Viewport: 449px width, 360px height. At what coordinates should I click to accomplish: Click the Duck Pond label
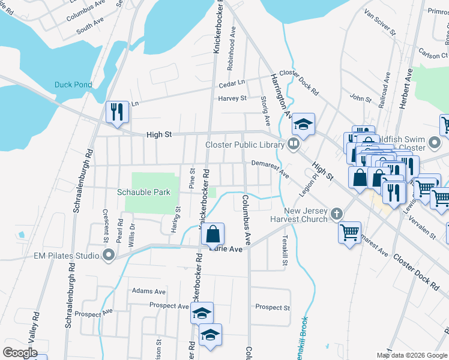click(73, 85)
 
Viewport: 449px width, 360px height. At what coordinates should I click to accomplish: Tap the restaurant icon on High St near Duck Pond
click(117, 112)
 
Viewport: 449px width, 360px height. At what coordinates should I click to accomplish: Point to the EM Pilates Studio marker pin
click(109, 256)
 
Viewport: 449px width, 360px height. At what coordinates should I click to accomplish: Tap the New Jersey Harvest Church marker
click(337, 213)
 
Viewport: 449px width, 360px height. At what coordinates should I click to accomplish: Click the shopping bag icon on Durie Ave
click(213, 234)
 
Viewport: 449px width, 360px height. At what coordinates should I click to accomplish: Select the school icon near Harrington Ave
click(304, 125)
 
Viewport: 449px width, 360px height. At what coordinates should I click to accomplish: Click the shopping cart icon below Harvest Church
click(350, 232)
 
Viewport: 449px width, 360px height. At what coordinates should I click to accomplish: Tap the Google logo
click(20, 352)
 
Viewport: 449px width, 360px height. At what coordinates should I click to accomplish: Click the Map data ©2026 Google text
click(411, 355)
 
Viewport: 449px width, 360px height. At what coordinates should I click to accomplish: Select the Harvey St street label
click(232, 98)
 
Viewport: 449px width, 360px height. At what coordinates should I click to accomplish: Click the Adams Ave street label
click(149, 291)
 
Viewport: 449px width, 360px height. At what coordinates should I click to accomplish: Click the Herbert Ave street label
click(408, 88)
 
